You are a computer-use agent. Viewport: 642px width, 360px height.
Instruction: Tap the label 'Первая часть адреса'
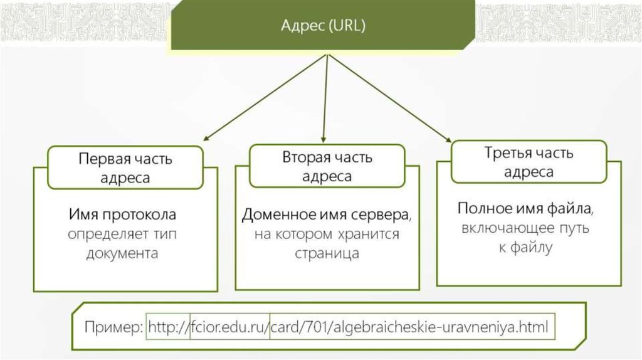pos(125,167)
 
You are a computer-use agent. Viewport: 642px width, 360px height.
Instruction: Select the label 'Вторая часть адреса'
pos(327,166)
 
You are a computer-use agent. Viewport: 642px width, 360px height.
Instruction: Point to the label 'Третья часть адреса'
pos(529,162)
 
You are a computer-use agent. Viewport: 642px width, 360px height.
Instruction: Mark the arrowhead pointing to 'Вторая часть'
pos(322,138)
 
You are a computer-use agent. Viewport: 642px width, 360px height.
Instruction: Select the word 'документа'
pos(123,254)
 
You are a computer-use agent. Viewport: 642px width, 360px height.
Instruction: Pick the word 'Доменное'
pos(270,214)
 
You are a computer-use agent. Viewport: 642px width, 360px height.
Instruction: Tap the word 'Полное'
pos(481,208)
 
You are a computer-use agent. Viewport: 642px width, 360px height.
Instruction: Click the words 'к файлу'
pos(525,248)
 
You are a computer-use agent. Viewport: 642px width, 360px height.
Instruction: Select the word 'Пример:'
pos(115,327)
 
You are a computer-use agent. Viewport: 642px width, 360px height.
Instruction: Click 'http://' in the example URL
pos(168,327)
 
